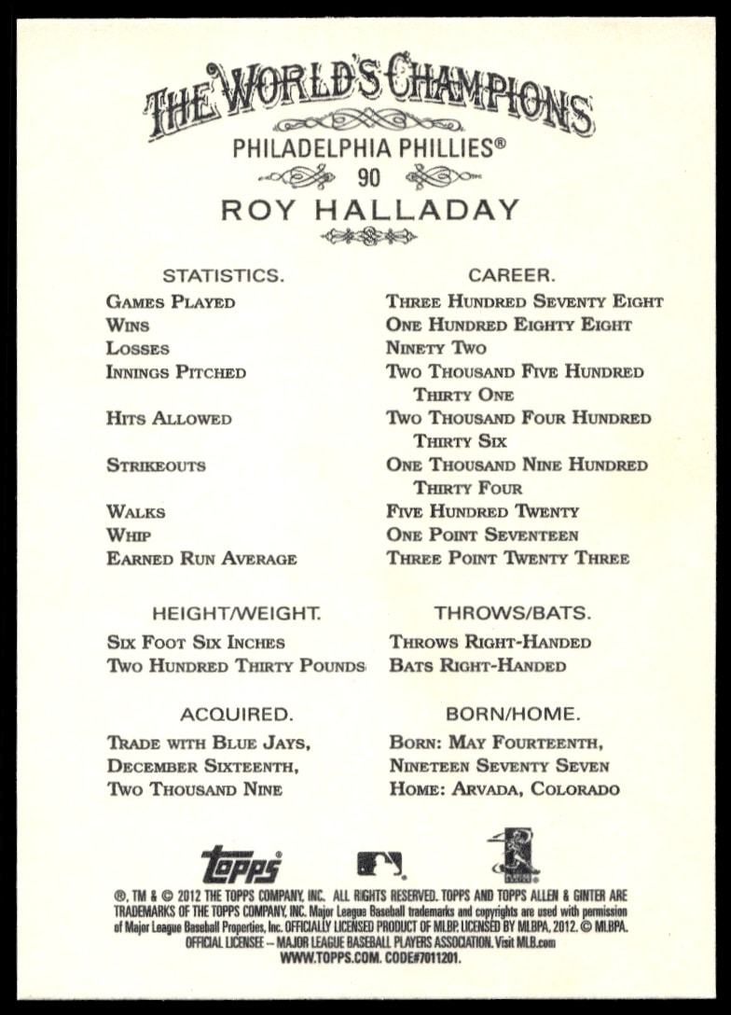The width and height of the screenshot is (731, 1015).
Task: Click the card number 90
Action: (x=367, y=176)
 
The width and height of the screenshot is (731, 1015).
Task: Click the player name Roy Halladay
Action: (x=369, y=211)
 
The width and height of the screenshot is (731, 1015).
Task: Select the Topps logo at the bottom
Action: (x=241, y=864)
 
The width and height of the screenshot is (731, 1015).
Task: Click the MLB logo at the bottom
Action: (x=379, y=864)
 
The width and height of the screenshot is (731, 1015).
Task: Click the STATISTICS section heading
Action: (x=223, y=275)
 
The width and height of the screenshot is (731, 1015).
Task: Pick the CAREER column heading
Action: (x=512, y=275)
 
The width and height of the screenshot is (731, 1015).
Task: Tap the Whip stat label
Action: (x=129, y=535)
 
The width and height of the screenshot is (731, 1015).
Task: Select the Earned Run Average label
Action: (x=201, y=559)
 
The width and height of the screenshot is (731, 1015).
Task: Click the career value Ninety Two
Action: (x=436, y=349)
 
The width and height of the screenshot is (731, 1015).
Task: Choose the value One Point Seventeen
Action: (x=482, y=535)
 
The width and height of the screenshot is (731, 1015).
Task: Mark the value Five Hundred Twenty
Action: (x=482, y=512)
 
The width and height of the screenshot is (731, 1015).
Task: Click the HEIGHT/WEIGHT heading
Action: (x=236, y=613)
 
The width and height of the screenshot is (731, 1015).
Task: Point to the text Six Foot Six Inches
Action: (x=196, y=643)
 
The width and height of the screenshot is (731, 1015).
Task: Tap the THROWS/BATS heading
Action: (x=512, y=613)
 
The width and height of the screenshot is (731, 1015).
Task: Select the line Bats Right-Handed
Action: (x=477, y=666)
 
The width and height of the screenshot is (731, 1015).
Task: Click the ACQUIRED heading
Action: (x=236, y=715)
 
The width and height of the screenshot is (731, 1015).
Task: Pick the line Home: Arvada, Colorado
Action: (x=504, y=790)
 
